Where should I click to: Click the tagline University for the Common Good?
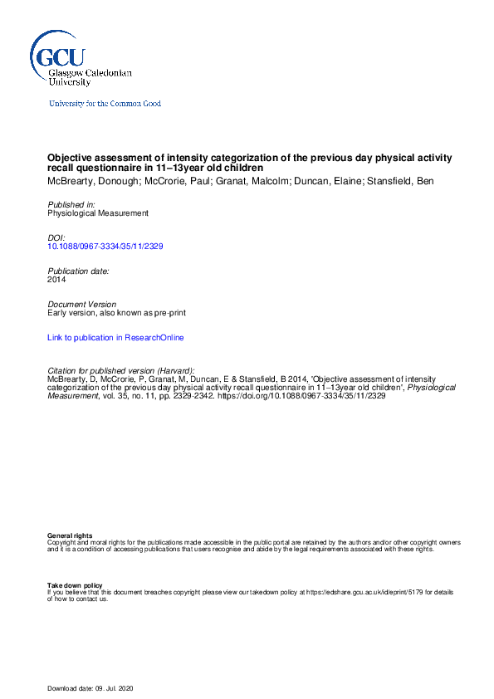click(x=105, y=104)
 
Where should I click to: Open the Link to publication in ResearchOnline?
click(x=115, y=338)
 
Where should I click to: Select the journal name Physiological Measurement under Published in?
click(x=98, y=213)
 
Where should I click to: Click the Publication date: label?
click(x=78, y=271)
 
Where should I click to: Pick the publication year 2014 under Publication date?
click(x=56, y=279)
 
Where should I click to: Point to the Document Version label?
click(x=81, y=305)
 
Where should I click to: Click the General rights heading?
click(x=70, y=536)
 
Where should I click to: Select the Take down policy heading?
click(x=75, y=585)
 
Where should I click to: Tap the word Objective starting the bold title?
click(x=69, y=156)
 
